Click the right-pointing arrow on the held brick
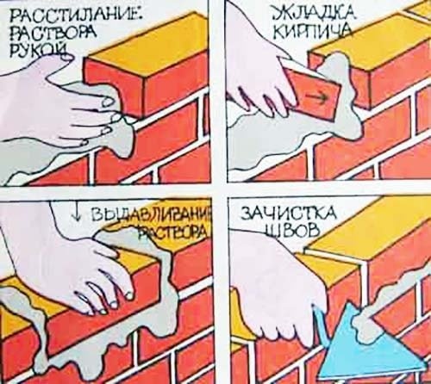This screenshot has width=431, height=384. [x=318, y=97]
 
